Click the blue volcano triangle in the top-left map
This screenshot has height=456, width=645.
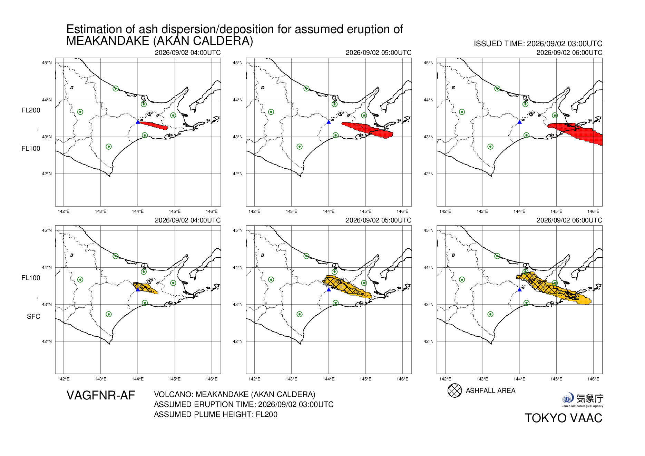(138, 122)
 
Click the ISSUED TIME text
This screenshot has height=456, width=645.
(538, 44)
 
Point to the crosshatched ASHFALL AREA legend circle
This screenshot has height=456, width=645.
(455, 390)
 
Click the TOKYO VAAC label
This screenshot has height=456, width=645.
(563, 418)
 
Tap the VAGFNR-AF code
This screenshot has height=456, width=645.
(101, 395)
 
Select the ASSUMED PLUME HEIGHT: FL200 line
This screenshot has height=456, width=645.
(216, 414)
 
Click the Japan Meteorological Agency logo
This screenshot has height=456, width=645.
(583, 400)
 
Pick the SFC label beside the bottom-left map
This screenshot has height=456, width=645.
(33, 316)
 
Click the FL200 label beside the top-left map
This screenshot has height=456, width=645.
(31, 110)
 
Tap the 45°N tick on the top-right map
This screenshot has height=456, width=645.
(428, 63)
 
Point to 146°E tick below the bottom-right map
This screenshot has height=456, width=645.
(593, 379)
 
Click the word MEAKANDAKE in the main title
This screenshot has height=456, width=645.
(108, 41)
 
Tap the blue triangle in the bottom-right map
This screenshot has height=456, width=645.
(519, 289)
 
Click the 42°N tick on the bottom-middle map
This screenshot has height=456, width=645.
(237, 341)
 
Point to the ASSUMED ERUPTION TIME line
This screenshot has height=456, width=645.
(244, 404)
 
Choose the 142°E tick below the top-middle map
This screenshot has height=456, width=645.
(254, 211)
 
